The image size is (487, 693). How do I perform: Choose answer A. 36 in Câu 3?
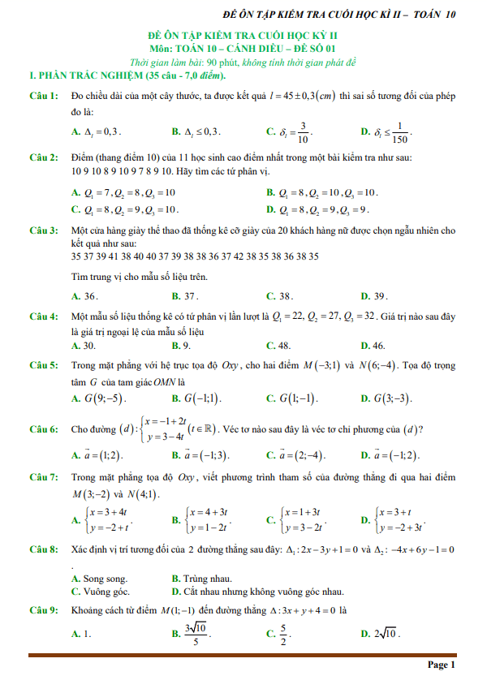[86, 296]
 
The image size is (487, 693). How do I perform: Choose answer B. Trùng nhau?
[201, 579]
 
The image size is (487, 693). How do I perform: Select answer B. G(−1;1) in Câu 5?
[196, 398]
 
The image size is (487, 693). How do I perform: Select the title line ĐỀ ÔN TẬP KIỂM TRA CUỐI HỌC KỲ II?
[243, 38]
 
